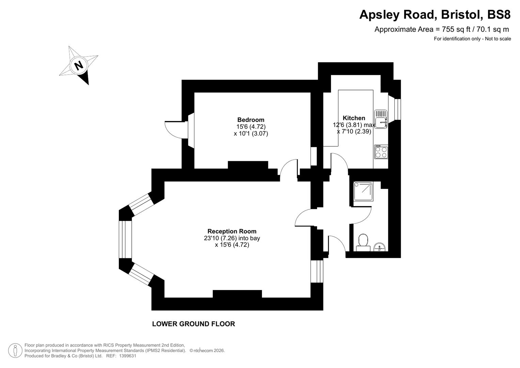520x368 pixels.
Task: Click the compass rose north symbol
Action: [79, 65]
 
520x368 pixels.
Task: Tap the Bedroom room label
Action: [251, 120]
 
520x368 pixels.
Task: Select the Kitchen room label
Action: [354, 118]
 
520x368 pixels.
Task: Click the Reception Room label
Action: [232, 231]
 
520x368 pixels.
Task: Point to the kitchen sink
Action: [381, 119]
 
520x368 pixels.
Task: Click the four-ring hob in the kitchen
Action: [381, 152]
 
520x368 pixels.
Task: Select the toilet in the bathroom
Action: [363, 241]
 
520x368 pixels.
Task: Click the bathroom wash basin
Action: [379, 246]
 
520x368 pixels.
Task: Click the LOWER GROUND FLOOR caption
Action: [193, 324]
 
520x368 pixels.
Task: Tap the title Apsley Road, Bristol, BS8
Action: [435, 15]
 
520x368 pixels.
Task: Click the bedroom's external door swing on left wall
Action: [174, 129]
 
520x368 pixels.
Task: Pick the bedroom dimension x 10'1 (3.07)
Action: [251, 134]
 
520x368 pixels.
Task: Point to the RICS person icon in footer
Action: [15, 351]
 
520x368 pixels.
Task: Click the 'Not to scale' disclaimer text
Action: [498, 39]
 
